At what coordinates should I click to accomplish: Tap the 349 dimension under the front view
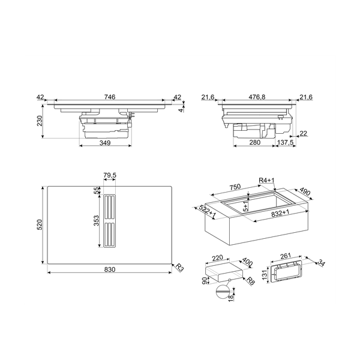[104, 144]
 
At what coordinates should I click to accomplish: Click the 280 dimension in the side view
[254, 143]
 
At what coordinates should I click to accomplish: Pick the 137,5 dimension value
[286, 143]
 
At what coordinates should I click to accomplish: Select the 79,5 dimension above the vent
[109, 176]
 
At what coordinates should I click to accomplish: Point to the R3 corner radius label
[179, 269]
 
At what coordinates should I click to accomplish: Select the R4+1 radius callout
[266, 181]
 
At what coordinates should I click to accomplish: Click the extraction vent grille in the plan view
[110, 223]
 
